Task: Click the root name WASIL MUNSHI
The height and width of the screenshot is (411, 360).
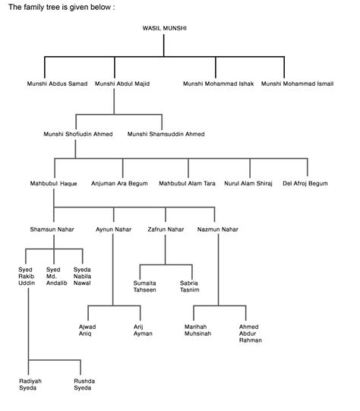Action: [x=164, y=28]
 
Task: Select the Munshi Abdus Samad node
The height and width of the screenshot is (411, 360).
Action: [x=57, y=84]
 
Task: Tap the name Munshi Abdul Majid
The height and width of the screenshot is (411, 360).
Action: [x=122, y=84]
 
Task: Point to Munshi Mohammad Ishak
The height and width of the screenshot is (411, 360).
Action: [x=218, y=84]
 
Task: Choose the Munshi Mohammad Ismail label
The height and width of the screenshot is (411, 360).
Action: [x=297, y=84]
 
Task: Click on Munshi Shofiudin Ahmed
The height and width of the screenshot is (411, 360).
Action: [x=78, y=134]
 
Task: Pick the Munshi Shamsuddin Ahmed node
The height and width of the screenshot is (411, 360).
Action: [x=166, y=134]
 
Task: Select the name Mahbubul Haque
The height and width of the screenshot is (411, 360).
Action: [x=53, y=184]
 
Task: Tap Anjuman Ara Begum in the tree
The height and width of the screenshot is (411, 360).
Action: [x=119, y=184]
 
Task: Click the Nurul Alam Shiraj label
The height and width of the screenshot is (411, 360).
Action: [x=248, y=184]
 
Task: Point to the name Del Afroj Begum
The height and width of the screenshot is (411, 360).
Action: [x=305, y=184]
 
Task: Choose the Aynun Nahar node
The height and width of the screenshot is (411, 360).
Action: [x=113, y=229]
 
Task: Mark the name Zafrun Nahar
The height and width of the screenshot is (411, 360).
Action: [x=166, y=229]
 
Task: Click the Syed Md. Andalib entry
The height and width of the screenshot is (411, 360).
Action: [x=57, y=277]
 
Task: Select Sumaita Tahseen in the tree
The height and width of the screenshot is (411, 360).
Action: [x=144, y=286]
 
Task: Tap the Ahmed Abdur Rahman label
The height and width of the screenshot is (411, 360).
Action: [x=250, y=334]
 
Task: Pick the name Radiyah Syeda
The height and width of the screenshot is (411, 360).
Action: [x=30, y=384]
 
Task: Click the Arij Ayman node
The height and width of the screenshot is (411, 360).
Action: [x=143, y=330]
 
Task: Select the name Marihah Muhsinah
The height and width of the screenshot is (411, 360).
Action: [x=197, y=330]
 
